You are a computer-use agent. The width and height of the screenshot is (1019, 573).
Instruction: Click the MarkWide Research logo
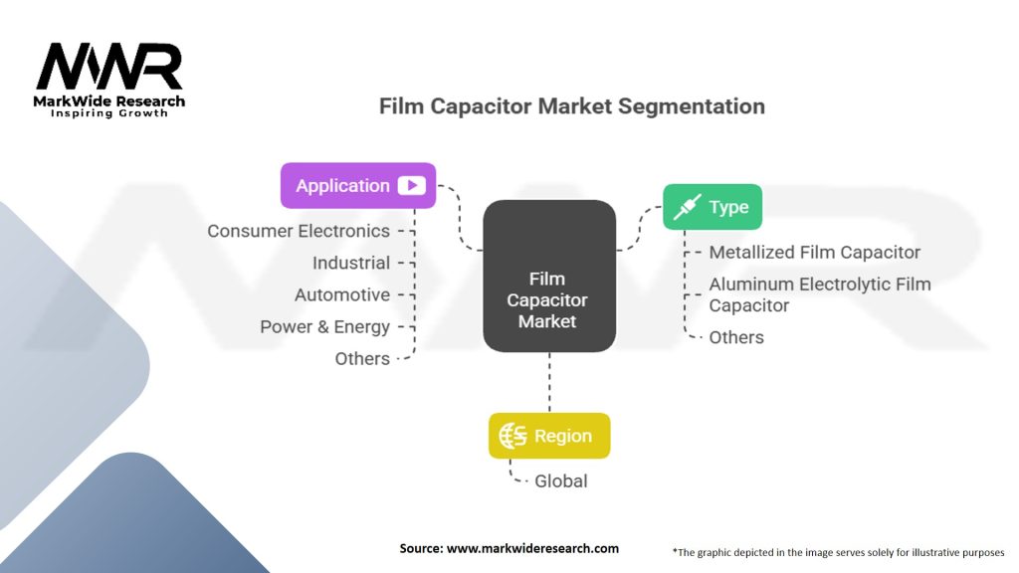click(109, 78)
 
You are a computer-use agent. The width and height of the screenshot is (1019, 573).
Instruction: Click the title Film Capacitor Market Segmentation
click(571, 105)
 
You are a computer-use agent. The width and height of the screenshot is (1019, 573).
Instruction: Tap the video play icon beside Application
click(411, 185)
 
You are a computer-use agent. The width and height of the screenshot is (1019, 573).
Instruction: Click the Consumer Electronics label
click(299, 231)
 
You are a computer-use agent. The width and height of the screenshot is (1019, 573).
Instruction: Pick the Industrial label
click(351, 263)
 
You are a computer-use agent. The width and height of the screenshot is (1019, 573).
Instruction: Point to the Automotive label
click(342, 294)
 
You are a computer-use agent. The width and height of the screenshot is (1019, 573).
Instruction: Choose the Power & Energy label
click(325, 326)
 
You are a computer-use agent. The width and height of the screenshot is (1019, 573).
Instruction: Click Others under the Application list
click(362, 358)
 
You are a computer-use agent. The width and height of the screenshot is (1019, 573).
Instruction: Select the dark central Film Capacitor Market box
click(548, 277)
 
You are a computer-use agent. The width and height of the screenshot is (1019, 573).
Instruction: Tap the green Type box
click(713, 207)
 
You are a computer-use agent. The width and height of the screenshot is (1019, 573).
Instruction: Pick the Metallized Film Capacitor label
click(814, 253)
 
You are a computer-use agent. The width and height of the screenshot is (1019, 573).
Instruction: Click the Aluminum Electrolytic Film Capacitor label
click(819, 294)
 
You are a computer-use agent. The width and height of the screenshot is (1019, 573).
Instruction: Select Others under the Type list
click(736, 337)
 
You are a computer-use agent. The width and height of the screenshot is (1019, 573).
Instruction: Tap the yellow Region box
click(548, 436)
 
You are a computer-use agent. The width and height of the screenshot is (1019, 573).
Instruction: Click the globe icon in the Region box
click(513, 436)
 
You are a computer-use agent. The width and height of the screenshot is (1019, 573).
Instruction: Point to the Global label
click(561, 481)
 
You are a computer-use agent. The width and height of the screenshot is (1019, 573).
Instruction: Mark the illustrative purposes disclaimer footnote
click(839, 551)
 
